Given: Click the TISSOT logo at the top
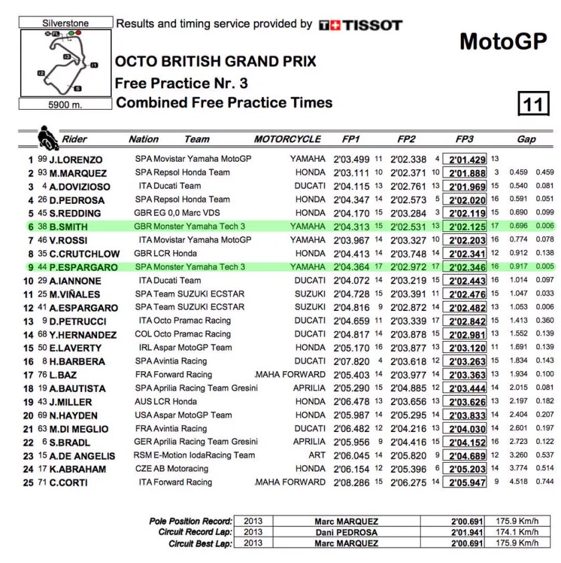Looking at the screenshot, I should tap(360, 25).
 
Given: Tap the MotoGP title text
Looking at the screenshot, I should tap(503, 41).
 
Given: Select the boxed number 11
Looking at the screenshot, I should tap(533, 104).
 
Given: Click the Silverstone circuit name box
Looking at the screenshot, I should tap(66, 23).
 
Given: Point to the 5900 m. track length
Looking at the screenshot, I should tap(65, 104).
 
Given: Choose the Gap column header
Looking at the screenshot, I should tap(526, 139).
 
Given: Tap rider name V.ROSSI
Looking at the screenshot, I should tap(69, 240).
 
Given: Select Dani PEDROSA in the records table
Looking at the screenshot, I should tap(346, 532).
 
